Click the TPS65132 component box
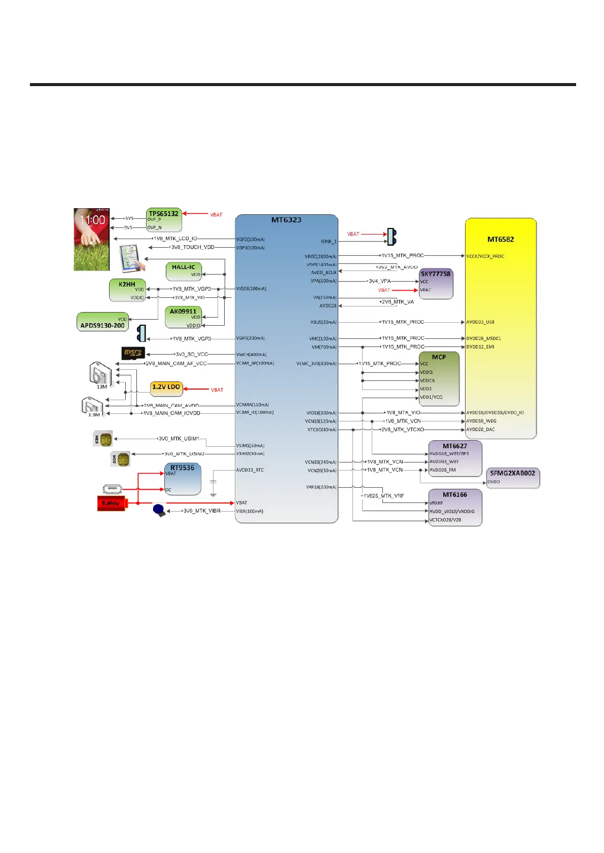[164, 220]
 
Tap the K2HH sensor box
[127, 290]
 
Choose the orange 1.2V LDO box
[166, 388]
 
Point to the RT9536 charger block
[183, 479]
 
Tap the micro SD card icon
[133, 353]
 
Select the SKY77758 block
[436, 283]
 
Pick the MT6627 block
[455, 458]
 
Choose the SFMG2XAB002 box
[513, 478]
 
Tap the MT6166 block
[455, 507]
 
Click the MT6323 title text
[286, 220]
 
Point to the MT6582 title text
[501, 240]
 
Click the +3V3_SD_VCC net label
[191, 355]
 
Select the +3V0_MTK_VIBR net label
[201, 511]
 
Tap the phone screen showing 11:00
[92, 239]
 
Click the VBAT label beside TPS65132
[217, 215]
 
